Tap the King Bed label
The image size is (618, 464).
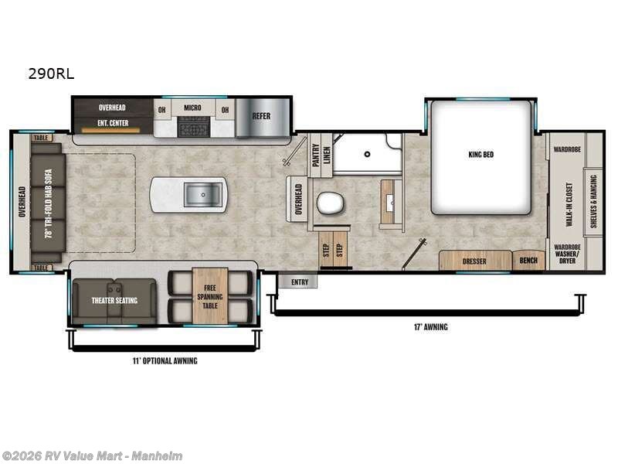[x=480, y=155]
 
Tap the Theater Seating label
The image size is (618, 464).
[x=114, y=300]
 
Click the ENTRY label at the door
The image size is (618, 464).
[x=300, y=282]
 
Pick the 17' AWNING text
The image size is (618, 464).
[x=430, y=326]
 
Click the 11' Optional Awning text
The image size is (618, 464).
[x=163, y=361]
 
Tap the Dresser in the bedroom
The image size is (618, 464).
[x=474, y=261]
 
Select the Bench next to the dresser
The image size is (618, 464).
[x=528, y=261]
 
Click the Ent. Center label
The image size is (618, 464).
[x=113, y=122]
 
